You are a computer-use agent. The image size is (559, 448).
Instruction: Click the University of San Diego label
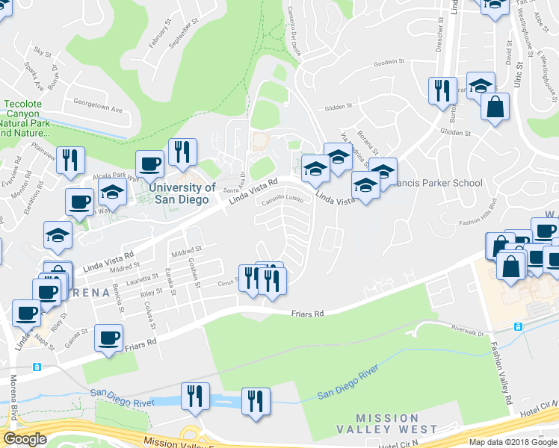tap(182, 193)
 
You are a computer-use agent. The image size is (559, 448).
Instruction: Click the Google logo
tap(25, 439)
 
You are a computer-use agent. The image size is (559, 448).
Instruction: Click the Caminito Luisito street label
tap(282, 199)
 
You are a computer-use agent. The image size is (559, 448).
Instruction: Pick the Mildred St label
tap(188, 249)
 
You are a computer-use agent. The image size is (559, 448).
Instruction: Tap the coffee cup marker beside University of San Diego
tap(149, 164)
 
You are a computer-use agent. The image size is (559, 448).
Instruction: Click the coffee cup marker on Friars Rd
tap(108, 337)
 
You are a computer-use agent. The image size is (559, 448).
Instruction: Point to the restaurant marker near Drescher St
tap(442, 90)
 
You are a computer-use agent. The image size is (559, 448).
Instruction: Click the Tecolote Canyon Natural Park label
tap(26, 118)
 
